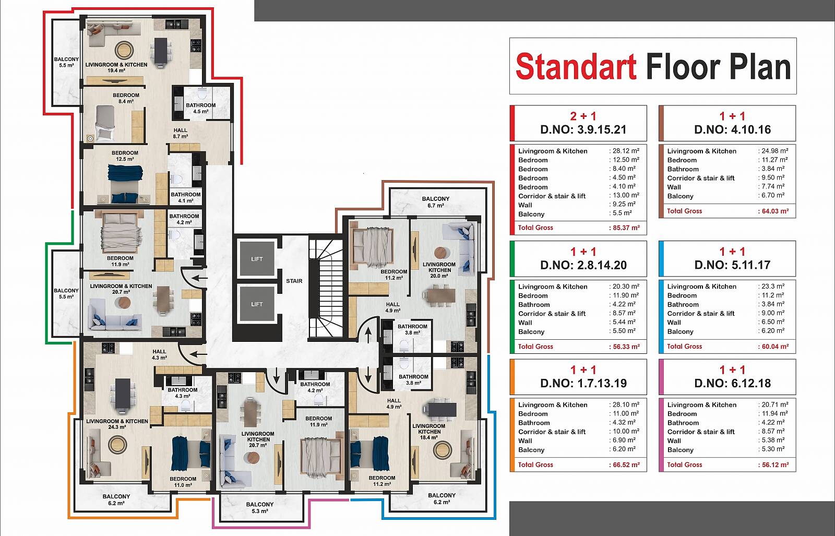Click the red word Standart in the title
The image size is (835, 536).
click(x=576, y=66)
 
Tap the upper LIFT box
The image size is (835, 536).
click(x=257, y=259)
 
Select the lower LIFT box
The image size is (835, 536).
click(x=257, y=304)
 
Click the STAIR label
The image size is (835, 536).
click(x=294, y=281)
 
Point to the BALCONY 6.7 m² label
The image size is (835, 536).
click(x=436, y=202)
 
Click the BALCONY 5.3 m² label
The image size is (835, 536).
click(x=260, y=508)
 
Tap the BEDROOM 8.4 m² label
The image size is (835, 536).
click(x=126, y=99)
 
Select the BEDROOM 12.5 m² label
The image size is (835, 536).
click(x=125, y=156)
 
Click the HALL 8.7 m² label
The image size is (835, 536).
click(x=181, y=134)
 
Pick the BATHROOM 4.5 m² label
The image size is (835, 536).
click(x=201, y=108)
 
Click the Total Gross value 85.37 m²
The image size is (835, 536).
click(x=627, y=228)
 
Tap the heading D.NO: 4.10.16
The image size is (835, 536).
click(x=733, y=130)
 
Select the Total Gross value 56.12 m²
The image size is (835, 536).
click(x=776, y=465)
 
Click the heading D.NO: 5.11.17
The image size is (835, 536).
click(x=733, y=265)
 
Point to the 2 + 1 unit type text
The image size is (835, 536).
click(x=583, y=116)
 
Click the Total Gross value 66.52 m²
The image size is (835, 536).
click(x=627, y=465)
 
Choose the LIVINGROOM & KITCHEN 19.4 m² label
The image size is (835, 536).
click(x=116, y=67)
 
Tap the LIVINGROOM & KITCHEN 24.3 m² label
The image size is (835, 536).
click(x=117, y=424)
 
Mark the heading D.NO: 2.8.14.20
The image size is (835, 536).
click(x=583, y=266)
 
